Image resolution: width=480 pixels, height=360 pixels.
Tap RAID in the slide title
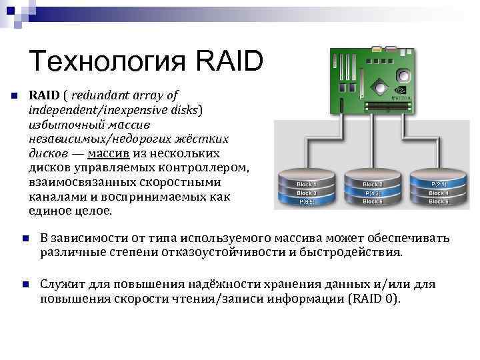click(230, 63)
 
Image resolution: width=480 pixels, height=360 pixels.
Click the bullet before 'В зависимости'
click(24, 239)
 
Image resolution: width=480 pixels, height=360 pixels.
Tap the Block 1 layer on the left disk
click(306, 183)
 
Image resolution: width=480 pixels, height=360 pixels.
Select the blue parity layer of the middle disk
click(372, 193)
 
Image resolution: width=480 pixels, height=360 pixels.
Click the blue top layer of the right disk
click(438, 183)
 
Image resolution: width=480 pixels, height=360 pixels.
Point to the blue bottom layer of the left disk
click(306, 201)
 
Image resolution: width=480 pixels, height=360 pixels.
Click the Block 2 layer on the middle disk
click(372, 183)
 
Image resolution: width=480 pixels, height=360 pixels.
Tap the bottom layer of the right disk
click(438, 201)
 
